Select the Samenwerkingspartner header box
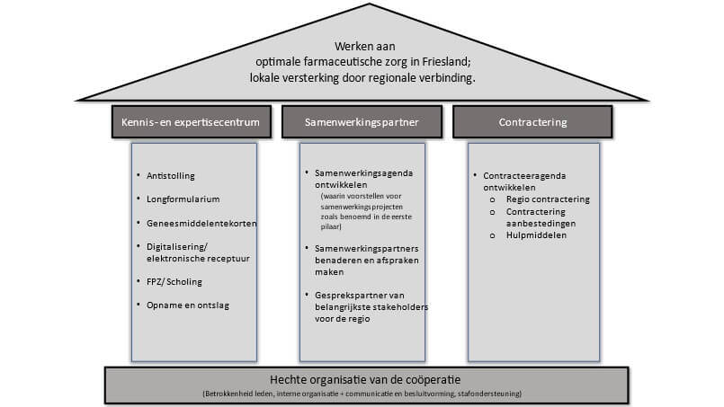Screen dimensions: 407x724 (x=361, y=121)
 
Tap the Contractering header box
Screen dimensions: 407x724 (x=532, y=121)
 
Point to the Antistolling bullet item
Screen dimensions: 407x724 (x=169, y=175)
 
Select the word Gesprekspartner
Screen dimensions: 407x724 (x=345, y=296)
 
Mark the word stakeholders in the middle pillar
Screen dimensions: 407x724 (x=401, y=307)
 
